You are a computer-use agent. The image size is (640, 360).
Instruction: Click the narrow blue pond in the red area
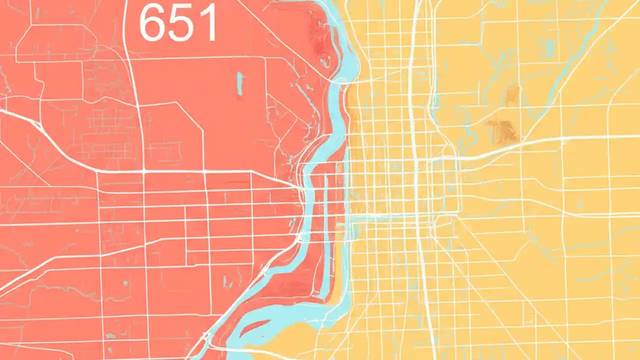(x=239, y=84)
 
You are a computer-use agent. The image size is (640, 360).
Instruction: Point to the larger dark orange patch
(x=503, y=131)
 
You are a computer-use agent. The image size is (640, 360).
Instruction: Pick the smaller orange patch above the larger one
(x=512, y=95)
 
